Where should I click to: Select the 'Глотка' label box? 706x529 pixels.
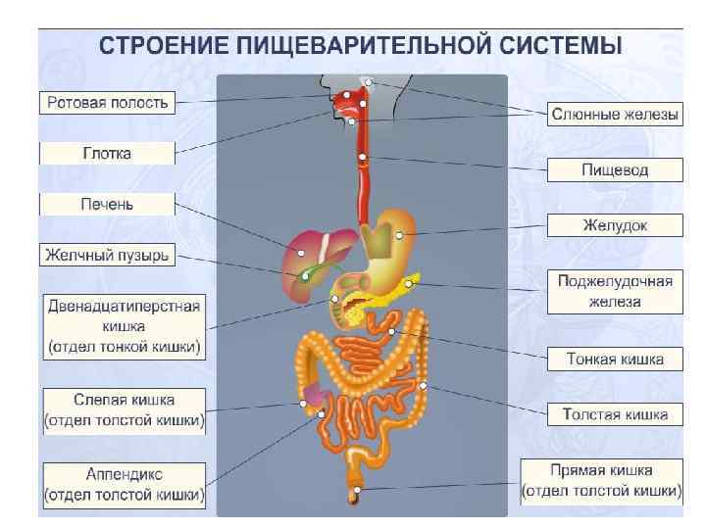pyautogui.click(x=107, y=154)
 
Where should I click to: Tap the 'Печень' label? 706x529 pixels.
pyautogui.click(x=107, y=205)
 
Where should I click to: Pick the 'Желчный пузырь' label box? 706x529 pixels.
pyautogui.click(x=107, y=256)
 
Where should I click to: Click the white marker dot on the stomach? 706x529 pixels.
pyautogui.click(x=399, y=236)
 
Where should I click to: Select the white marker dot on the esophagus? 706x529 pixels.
pyautogui.click(x=363, y=158)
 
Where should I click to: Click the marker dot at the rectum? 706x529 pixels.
pyautogui.click(x=358, y=488)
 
